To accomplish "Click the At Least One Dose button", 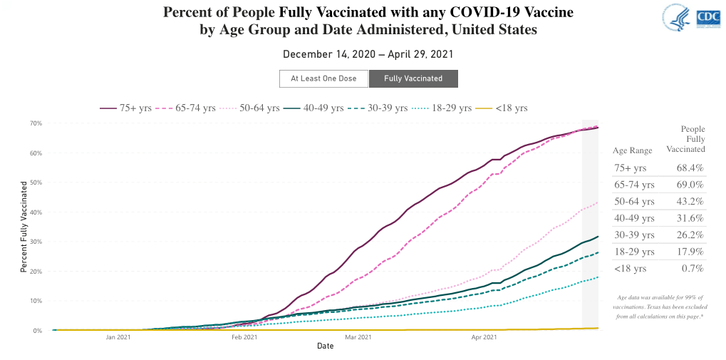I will click(x=323, y=78).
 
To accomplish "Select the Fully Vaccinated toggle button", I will click(x=413, y=78).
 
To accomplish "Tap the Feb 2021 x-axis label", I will click(x=244, y=337).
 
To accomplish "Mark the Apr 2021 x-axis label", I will click(x=483, y=337).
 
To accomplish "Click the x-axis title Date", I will click(x=325, y=346).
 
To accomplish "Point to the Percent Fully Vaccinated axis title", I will click(x=24, y=226).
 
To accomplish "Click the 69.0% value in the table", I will click(x=690, y=185).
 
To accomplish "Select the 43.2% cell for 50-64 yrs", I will click(x=690, y=202).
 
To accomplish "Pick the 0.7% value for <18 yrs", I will click(x=693, y=269).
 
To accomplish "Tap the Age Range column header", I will click(x=632, y=150).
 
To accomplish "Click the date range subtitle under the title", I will click(x=368, y=54).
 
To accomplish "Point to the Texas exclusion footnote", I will click(x=659, y=307).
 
